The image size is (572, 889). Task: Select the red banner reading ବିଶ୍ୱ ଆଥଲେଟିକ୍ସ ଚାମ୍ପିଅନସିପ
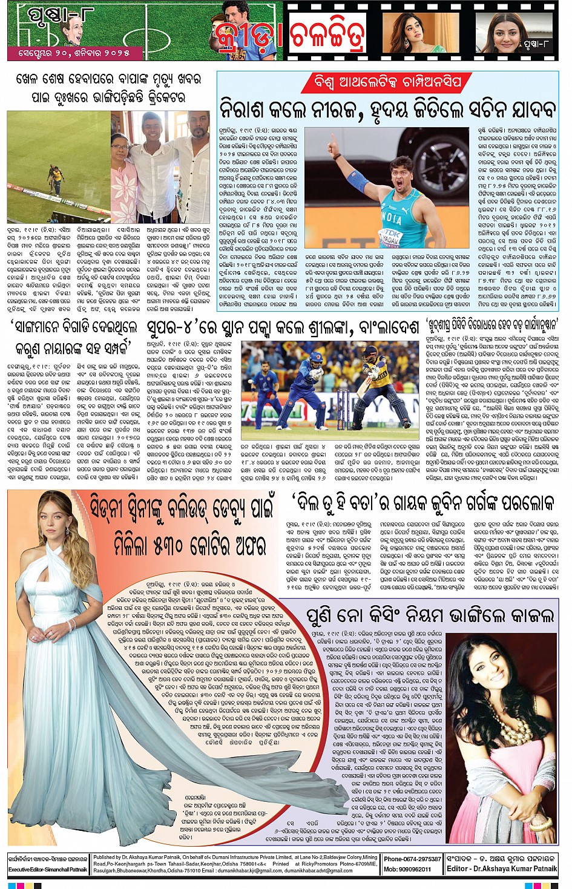pos(388,82)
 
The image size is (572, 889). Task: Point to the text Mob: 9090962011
pos(407,869)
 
